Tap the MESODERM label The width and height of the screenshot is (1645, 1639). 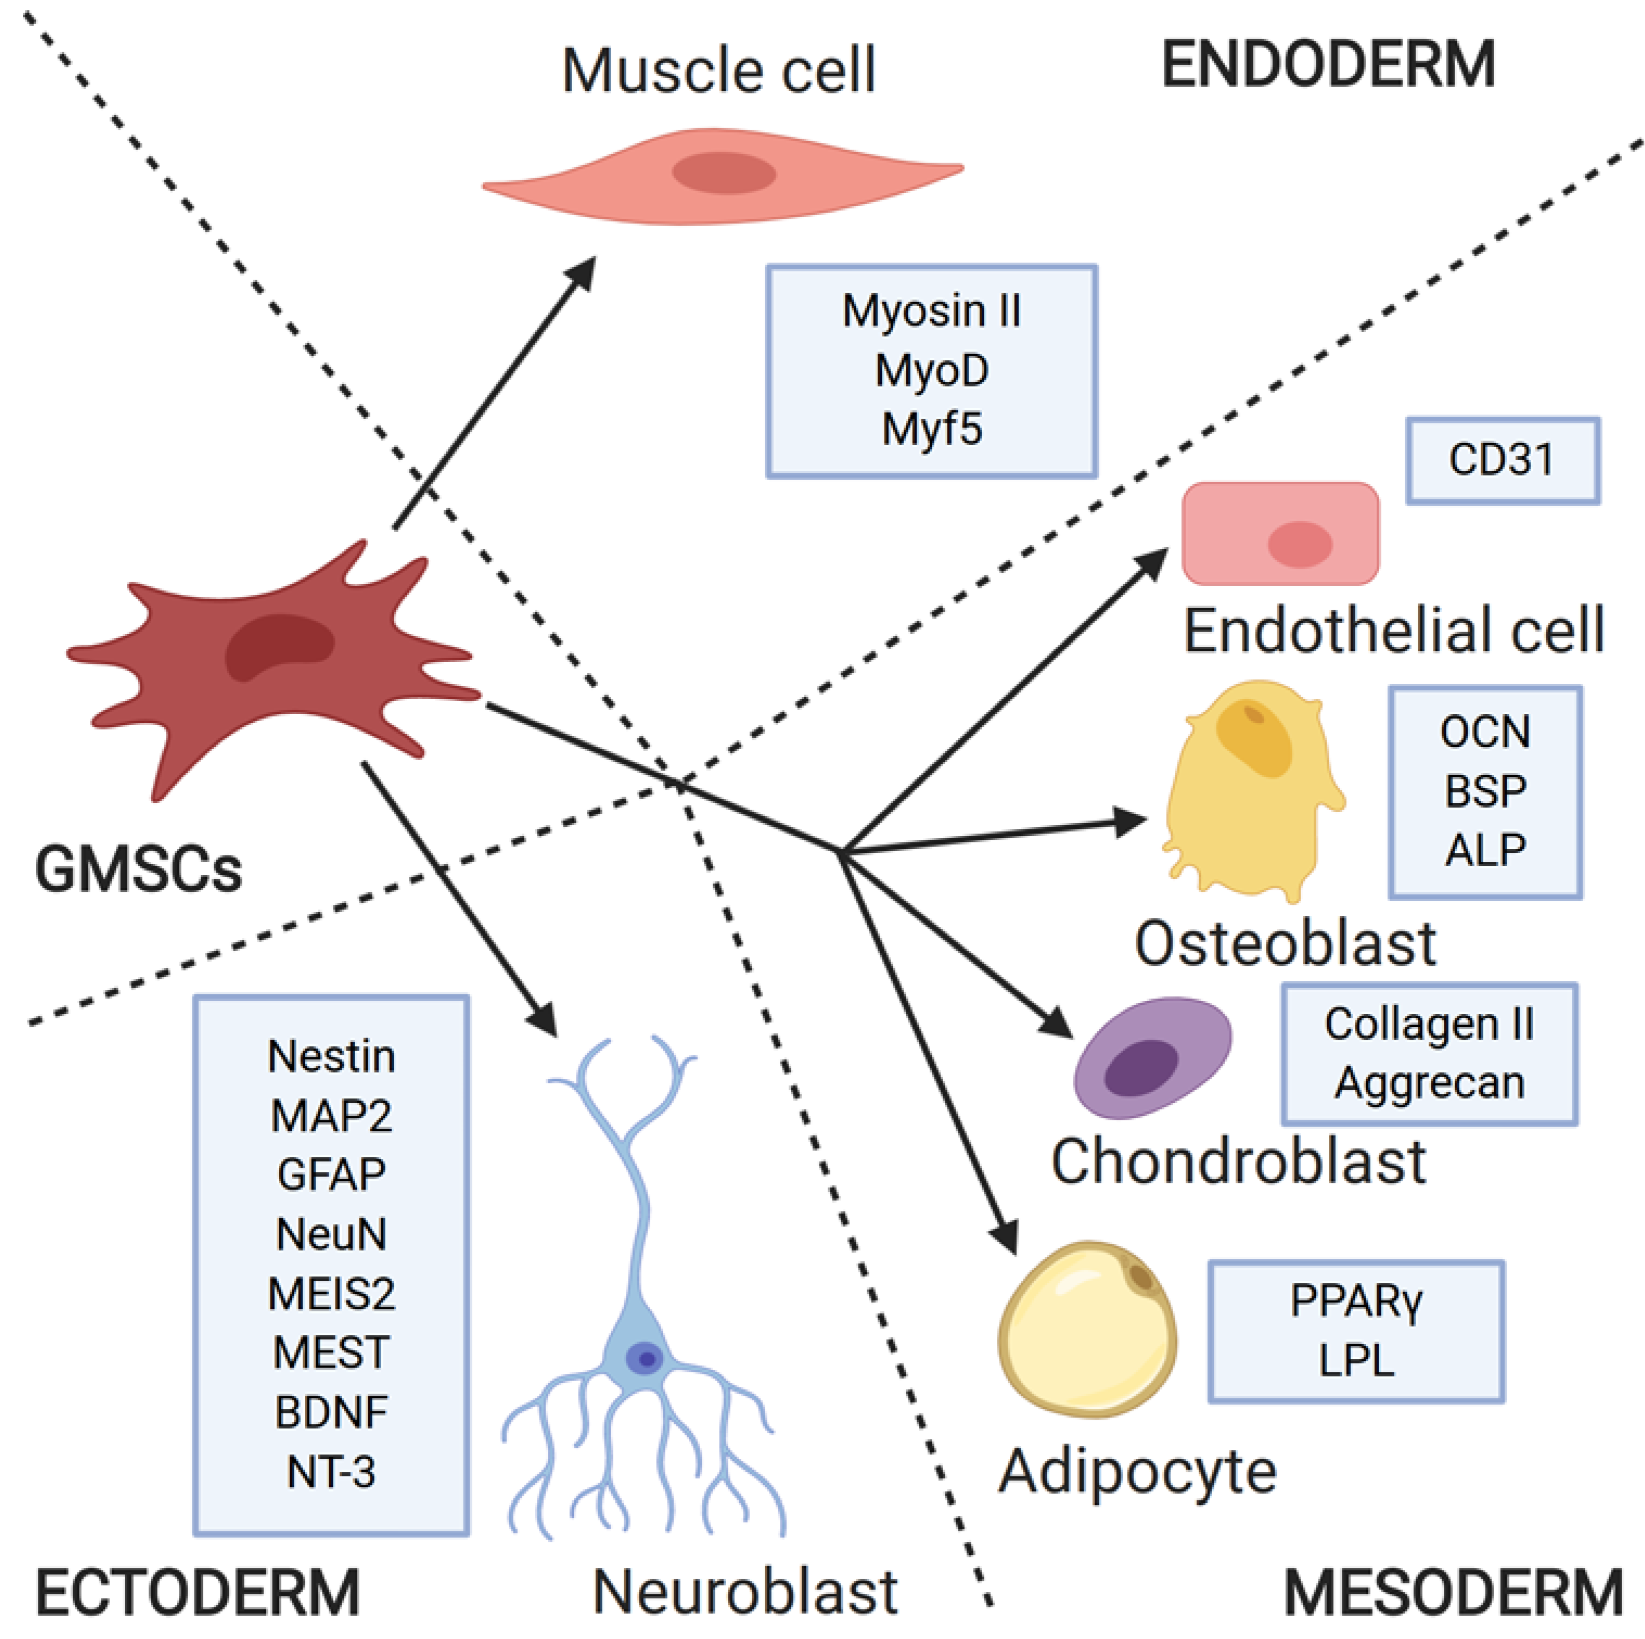click(x=1452, y=1591)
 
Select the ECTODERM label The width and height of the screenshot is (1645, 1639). click(x=197, y=1591)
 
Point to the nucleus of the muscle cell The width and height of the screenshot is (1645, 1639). click(x=724, y=173)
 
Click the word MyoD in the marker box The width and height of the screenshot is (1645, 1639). click(x=931, y=371)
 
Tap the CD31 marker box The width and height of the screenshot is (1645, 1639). click(x=1502, y=460)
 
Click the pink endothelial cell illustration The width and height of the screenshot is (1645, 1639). click(x=1280, y=534)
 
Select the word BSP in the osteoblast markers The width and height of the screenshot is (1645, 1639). click(x=1485, y=791)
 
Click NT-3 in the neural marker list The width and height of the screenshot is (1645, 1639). click(x=331, y=1471)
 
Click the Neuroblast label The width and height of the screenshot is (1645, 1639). click(x=745, y=1591)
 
